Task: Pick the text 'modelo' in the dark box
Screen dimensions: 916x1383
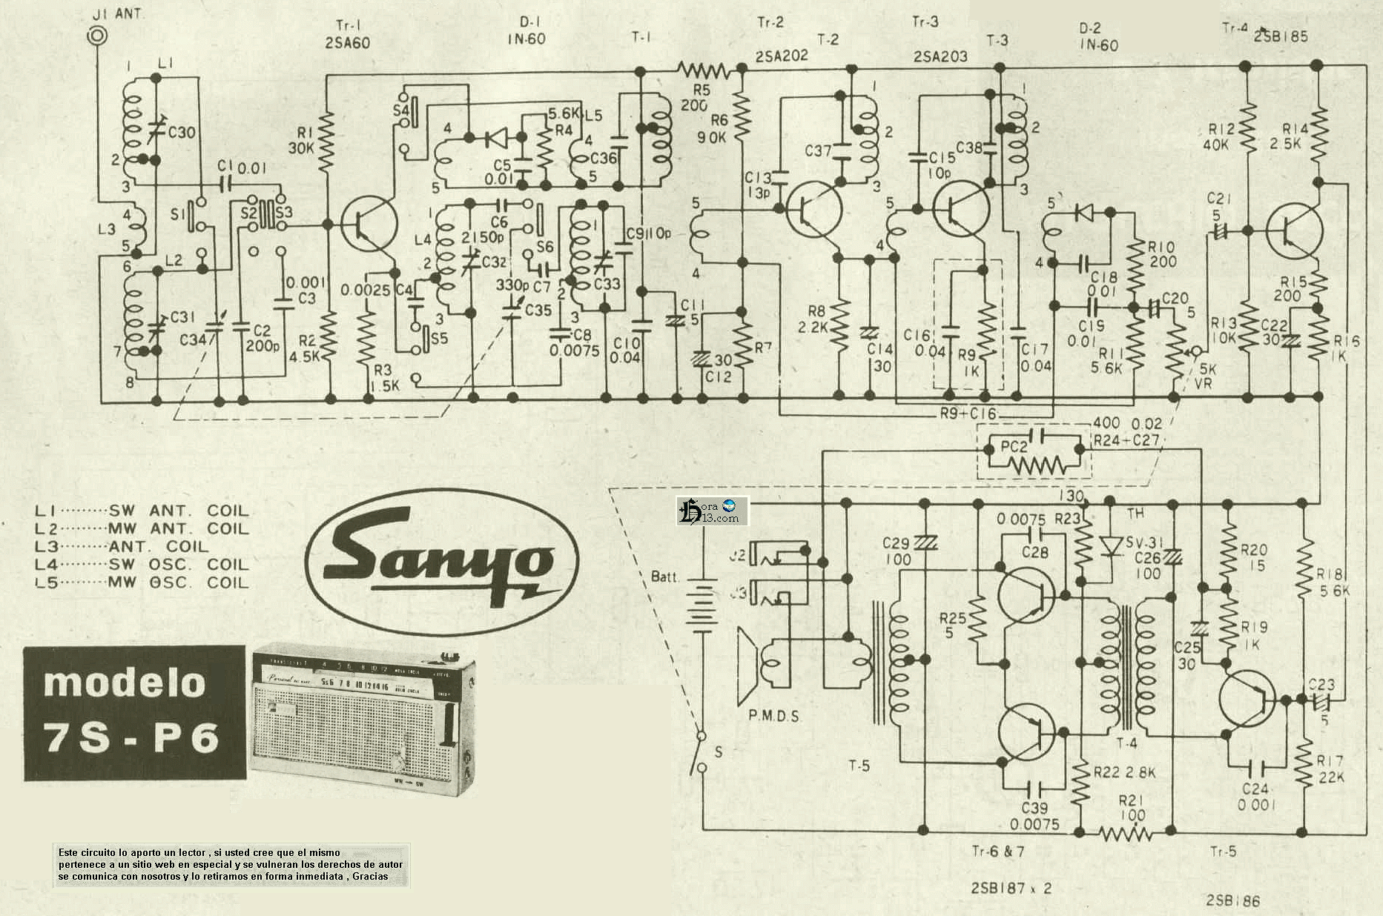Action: click(124, 682)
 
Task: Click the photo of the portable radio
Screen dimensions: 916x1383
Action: click(360, 718)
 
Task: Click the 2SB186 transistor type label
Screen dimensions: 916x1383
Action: click(1232, 901)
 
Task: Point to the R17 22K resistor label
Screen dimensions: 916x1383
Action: click(1330, 769)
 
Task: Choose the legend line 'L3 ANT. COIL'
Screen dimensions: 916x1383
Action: click(122, 547)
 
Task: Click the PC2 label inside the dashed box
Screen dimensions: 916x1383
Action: click(1014, 448)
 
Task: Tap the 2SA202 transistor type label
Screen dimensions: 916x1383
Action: click(782, 56)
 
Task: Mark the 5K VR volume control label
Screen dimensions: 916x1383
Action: click(1204, 376)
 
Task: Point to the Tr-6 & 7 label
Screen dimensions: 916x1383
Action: click(998, 852)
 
